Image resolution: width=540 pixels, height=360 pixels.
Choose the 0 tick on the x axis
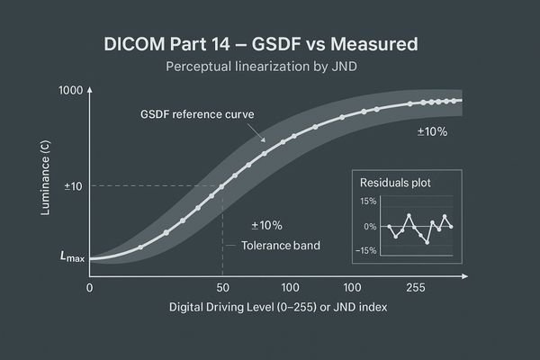point(89,288)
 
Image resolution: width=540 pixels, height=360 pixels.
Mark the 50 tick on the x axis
point(222,288)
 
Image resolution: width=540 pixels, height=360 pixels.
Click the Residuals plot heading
point(394,182)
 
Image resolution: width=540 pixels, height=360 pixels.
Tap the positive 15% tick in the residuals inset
point(366,201)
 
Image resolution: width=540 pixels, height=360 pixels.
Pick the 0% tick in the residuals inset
point(369,226)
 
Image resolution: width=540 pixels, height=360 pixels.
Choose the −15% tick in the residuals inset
point(364,250)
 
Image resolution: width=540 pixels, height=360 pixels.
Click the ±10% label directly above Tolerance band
point(265,224)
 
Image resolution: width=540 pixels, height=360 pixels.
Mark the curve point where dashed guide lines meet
point(222,186)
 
